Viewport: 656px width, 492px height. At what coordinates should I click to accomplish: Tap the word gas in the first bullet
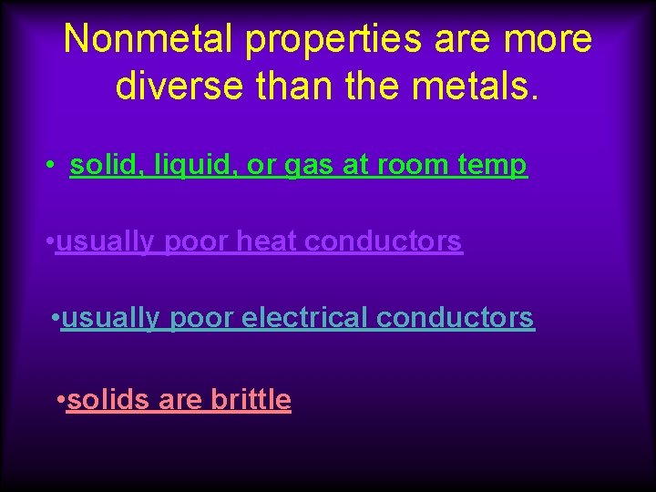click(x=310, y=167)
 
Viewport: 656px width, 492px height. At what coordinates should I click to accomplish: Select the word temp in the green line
click(x=493, y=166)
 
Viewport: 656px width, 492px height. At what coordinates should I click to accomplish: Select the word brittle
click(x=251, y=399)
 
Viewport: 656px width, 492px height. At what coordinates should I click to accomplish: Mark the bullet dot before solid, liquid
click(x=55, y=166)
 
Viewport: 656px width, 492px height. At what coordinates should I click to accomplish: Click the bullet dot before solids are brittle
click(x=60, y=399)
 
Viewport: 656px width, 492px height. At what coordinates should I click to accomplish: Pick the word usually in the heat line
click(x=105, y=242)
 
